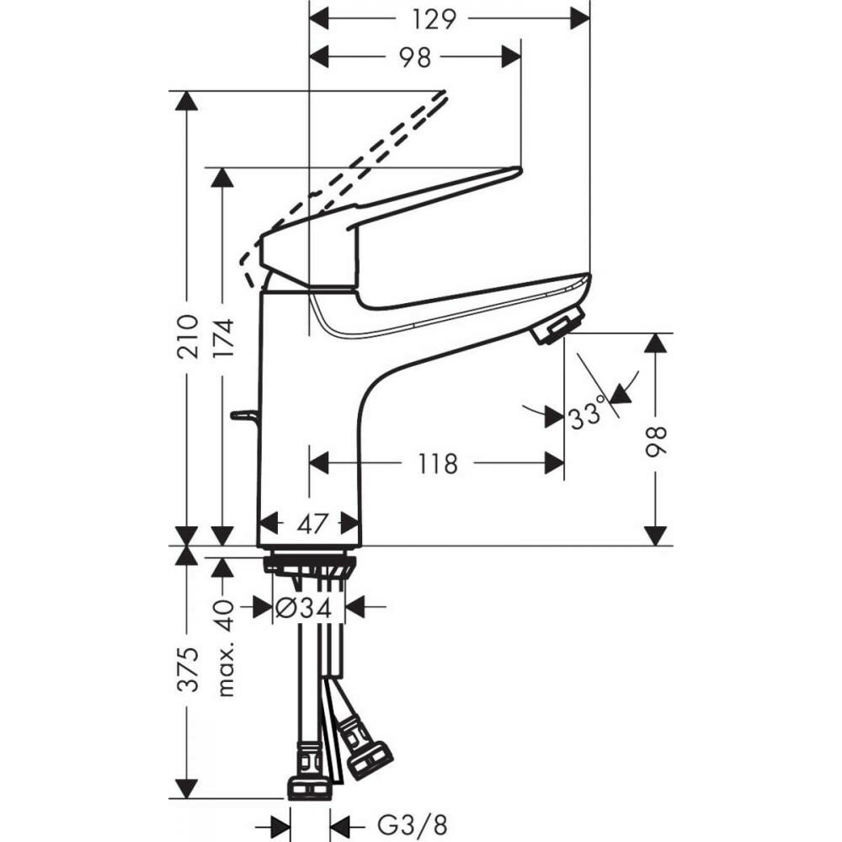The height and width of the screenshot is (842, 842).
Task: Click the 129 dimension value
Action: coord(435,18)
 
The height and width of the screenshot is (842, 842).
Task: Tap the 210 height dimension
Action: coord(188,336)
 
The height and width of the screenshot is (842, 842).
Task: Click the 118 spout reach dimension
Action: coord(437,463)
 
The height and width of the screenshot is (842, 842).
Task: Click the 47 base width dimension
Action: coord(312,524)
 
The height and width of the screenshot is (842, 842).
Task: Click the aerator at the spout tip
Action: coord(557,326)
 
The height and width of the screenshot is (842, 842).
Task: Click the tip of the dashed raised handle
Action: coord(440,94)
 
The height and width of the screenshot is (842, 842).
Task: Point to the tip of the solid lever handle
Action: coord(515,172)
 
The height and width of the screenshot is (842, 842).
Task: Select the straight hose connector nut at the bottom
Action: coord(310,787)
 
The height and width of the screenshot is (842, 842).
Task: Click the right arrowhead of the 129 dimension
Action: coord(580,18)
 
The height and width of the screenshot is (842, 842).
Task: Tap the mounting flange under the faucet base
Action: coord(310,563)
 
